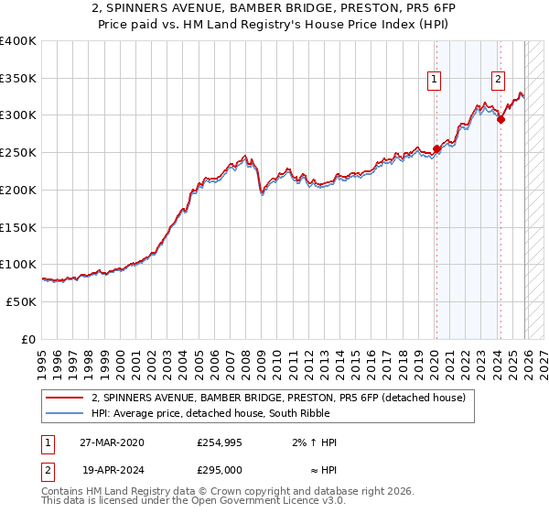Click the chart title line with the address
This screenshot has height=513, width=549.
point(274,8)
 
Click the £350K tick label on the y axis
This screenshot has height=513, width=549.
point(18,78)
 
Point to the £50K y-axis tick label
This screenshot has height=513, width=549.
point(21,301)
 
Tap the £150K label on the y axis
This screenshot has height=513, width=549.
point(18,227)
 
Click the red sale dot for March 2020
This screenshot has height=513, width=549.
point(436,148)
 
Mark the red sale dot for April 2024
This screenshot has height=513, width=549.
point(501,118)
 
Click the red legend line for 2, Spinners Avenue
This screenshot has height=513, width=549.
point(65,398)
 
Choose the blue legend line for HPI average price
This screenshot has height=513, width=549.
point(65,413)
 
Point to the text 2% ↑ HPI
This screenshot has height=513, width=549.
point(312,442)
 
